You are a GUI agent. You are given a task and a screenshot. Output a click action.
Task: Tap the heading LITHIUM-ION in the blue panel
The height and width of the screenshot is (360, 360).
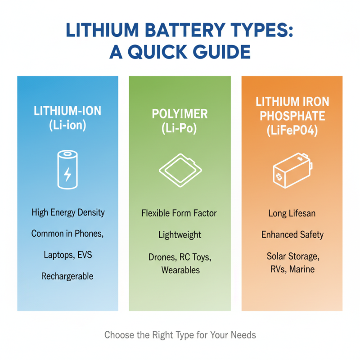tap(67, 111)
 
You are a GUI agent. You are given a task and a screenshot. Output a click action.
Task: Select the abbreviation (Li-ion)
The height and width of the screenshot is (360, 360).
tap(67, 126)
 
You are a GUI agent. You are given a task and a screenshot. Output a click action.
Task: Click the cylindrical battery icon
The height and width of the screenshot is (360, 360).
tap(67, 170)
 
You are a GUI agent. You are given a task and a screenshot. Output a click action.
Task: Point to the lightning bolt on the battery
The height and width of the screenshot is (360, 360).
tap(67, 174)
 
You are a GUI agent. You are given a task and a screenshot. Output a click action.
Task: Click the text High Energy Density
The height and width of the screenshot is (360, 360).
tap(67, 212)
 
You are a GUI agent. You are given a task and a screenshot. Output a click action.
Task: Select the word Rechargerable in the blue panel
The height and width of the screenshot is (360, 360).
tap(67, 276)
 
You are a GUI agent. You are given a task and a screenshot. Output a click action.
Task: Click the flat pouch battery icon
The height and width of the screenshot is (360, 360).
tap(180, 170)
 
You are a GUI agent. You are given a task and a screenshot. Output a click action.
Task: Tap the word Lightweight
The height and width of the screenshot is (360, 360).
tap(180, 235)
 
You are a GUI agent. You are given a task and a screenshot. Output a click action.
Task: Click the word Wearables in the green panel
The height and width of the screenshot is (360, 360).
tap(180, 270)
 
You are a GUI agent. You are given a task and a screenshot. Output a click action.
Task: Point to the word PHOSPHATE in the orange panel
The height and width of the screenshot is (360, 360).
tap(292, 117)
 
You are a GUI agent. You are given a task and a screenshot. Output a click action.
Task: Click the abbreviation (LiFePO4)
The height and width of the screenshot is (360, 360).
tap(292, 132)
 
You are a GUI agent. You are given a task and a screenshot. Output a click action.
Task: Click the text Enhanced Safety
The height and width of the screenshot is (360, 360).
tap(292, 234)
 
